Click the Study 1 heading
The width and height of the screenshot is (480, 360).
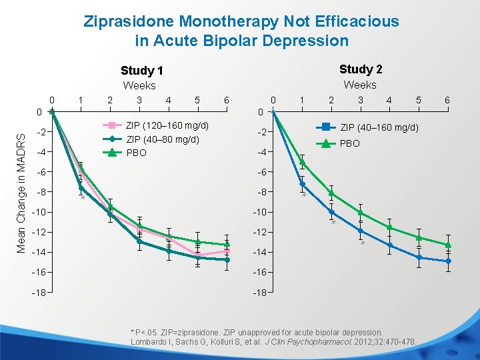141,71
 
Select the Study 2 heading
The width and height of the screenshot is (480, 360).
361,69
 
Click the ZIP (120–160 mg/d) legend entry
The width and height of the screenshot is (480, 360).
167,125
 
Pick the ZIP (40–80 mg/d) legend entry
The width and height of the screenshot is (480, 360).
163,139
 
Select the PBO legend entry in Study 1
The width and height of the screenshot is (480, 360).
136,153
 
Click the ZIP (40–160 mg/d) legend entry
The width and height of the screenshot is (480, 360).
379,127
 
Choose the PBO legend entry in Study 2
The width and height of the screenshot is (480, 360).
350,143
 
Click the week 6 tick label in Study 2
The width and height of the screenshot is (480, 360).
447,100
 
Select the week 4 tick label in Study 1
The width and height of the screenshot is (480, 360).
168,100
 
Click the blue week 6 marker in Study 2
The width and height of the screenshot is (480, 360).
448,261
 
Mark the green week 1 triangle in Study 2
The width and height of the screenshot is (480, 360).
302,162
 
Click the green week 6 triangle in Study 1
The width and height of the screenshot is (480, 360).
227,245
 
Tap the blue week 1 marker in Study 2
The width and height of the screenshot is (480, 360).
302,184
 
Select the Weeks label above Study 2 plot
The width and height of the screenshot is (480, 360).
360,85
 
